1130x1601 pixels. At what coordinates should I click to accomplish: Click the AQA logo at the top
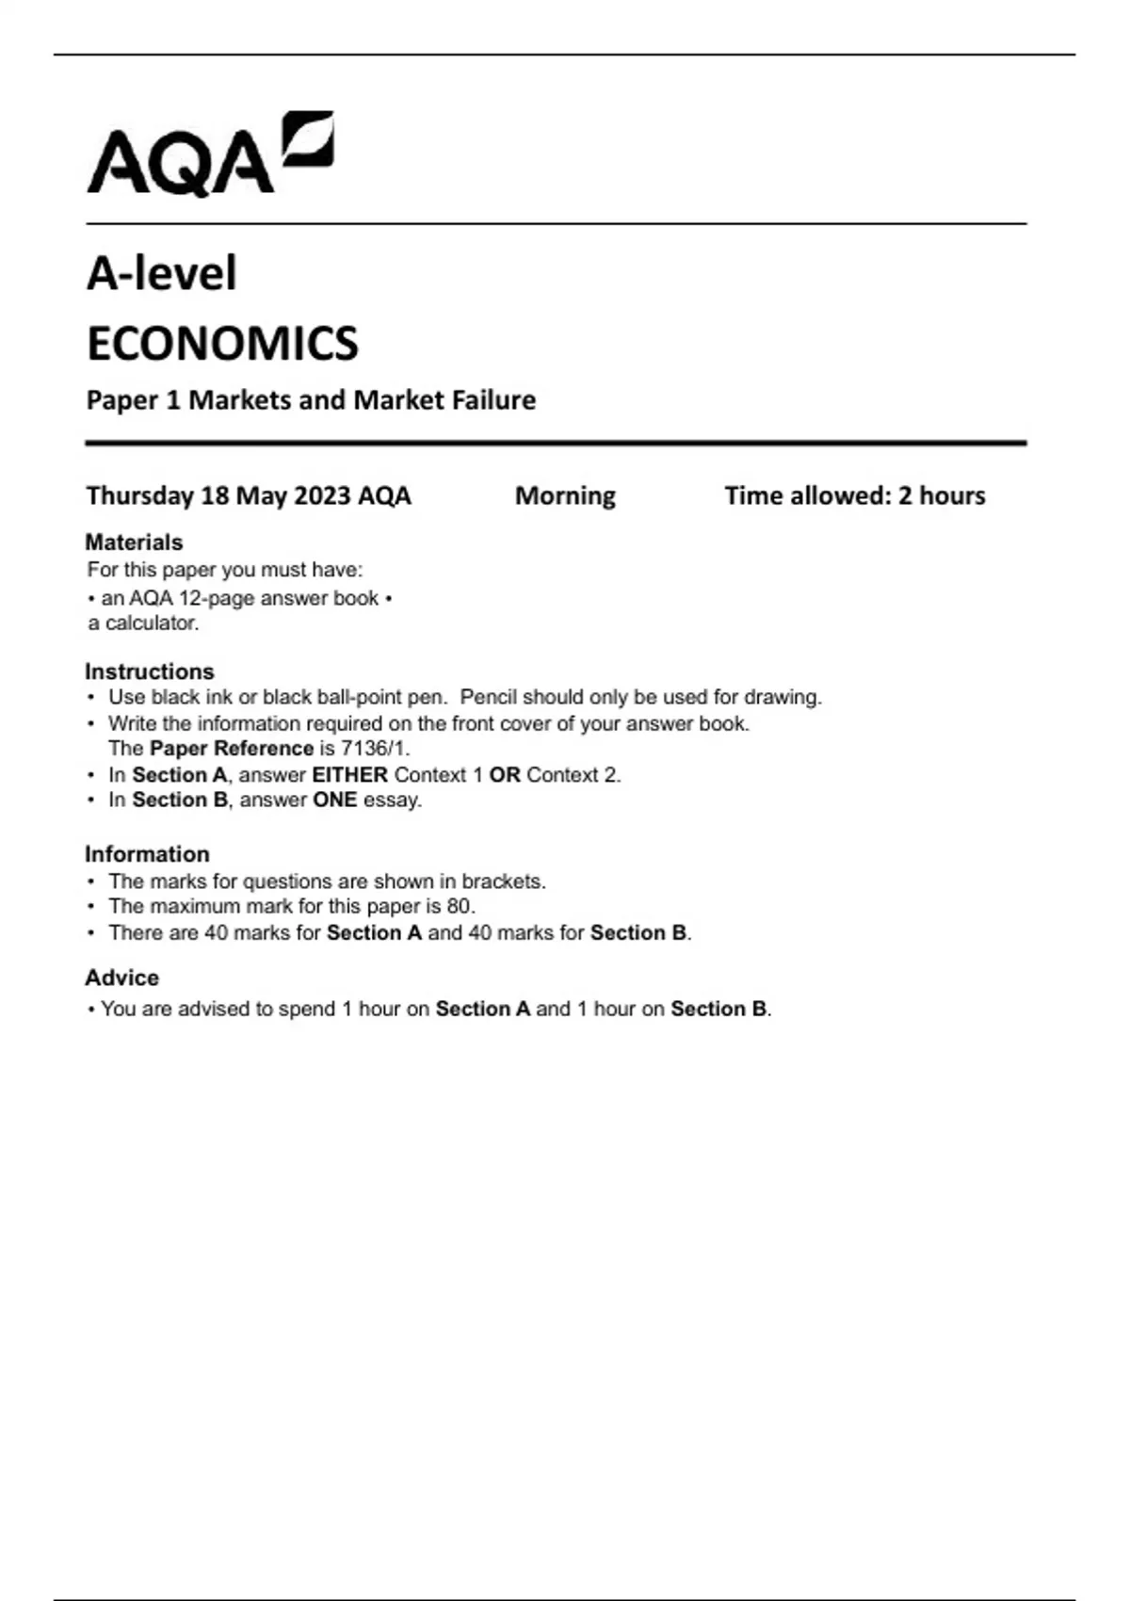pos(209,155)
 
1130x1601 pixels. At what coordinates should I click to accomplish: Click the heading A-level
pos(161,274)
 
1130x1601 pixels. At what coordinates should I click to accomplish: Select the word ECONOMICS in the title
pos(222,344)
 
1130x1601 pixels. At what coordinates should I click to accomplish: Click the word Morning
pos(565,495)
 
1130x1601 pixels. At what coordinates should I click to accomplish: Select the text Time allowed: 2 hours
pos(854,495)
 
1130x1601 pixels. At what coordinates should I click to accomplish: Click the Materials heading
pos(134,542)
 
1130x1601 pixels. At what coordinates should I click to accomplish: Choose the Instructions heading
pos(149,671)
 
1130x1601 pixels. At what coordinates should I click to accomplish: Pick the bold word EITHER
pos(349,775)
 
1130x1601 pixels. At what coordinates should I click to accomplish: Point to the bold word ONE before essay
pos(334,800)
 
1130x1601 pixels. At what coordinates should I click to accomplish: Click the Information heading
pos(147,854)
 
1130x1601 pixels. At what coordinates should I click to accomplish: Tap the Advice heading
pos(121,978)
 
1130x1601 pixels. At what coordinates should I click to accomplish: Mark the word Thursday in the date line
pos(139,495)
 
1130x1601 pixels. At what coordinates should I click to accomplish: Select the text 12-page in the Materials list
pos(216,598)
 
